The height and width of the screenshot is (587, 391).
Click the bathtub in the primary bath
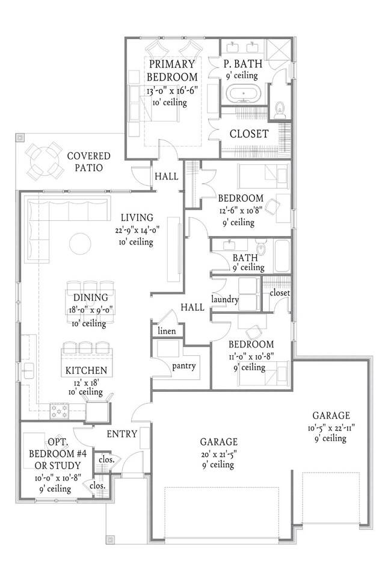(x=244, y=93)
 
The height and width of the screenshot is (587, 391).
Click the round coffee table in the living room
(x=80, y=244)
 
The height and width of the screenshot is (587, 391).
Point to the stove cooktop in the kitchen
(x=60, y=411)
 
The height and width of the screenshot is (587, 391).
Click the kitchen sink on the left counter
(x=29, y=372)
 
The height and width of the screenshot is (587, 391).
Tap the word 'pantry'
(x=183, y=366)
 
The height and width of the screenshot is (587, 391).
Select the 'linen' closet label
(x=167, y=331)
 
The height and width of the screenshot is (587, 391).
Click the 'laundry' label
(x=224, y=299)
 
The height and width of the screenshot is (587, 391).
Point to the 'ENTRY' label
(x=122, y=434)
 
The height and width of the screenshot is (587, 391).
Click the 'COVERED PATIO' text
(x=88, y=161)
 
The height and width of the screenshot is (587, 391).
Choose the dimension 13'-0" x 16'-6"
(x=172, y=90)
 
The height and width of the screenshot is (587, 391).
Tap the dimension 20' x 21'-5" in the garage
(x=218, y=454)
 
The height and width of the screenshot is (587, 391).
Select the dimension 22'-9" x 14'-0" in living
(x=137, y=230)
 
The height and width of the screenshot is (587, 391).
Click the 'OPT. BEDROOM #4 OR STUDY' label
(x=58, y=454)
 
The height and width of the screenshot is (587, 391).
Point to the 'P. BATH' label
(x=243, y=64)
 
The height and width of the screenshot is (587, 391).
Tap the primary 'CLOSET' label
(x=249, y=134)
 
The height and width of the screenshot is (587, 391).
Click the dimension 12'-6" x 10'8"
(x=241, y=210)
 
